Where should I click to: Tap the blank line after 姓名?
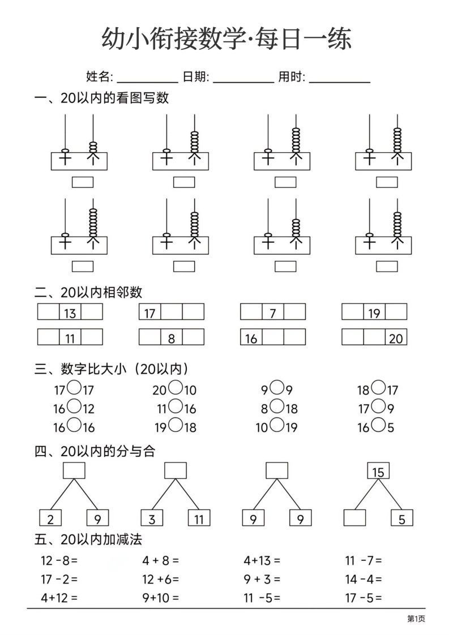click(147, 78)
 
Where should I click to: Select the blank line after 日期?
click(243, 78)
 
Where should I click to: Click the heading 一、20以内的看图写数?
click(102, 98)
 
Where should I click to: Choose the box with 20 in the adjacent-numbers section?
click(396, 338)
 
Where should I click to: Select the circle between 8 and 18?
click(276, 406)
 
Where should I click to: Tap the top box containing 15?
click(378, 471)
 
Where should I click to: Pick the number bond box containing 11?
click(199, 518)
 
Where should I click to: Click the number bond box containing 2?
click(50, 518)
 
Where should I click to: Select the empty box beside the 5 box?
click(354, 518)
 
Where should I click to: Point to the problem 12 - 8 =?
click(59, 561)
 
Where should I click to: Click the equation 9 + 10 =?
click(161, 597)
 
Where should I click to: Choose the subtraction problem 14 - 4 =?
click(364, 579)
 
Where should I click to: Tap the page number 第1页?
click(416, 619)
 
